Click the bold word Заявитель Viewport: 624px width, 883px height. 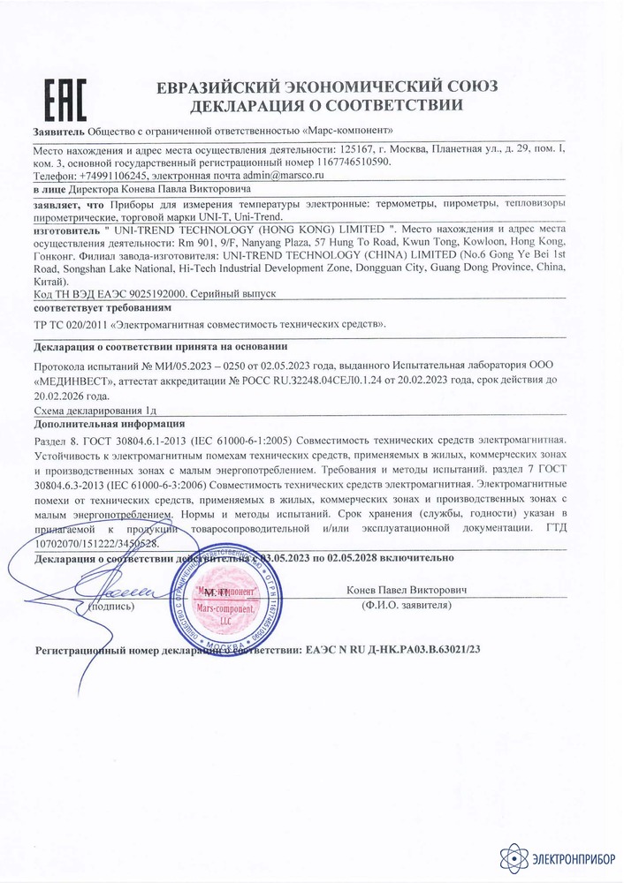pyautogui.click(x=58, y=131)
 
